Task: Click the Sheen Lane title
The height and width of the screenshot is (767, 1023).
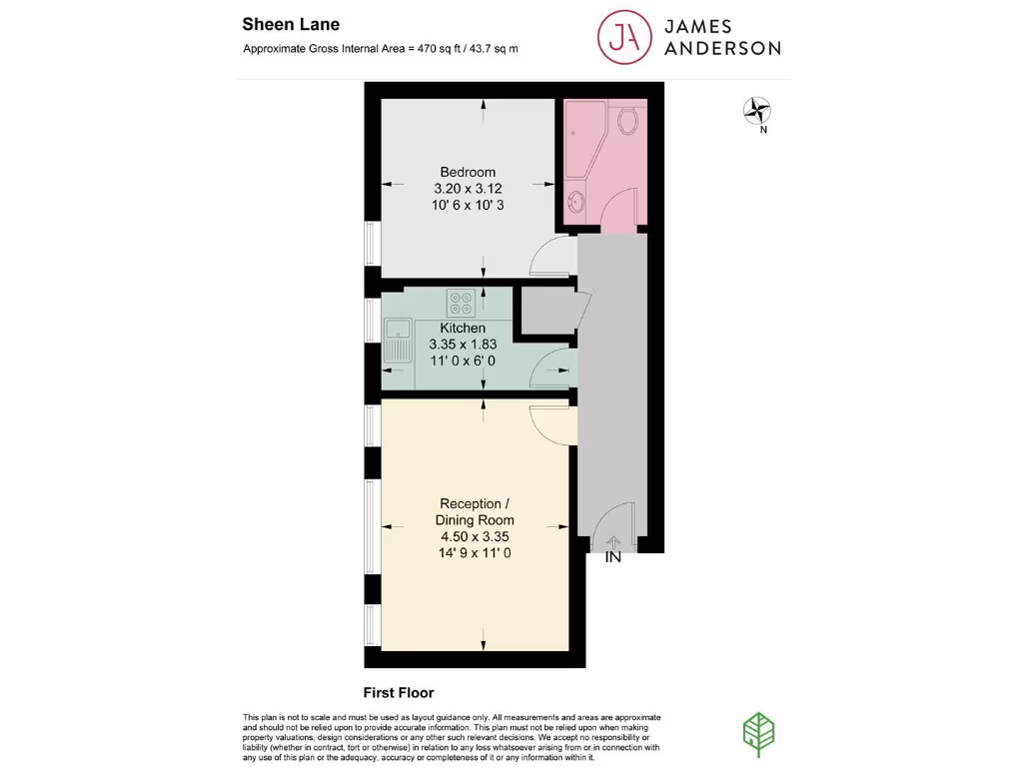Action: tap(291, 25)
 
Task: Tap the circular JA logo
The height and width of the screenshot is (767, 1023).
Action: tap(624, 37)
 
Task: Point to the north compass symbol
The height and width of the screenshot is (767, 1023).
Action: tap(757, 111)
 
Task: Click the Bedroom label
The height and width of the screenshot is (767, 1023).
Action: tap(468, 172)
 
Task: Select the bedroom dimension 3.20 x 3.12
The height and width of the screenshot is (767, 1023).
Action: tap(468, 189)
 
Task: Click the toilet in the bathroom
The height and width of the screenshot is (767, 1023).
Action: tap(627, 120)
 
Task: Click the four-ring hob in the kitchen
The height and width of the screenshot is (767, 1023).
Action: tap(461, 303)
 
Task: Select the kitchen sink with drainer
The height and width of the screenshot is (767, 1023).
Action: tap(398, 340)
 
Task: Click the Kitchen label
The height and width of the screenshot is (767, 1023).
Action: tap(463, 328)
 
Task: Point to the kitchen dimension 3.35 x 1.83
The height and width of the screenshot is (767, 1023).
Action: tap(463, 345)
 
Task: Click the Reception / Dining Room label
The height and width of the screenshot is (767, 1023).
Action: tap(475, 512)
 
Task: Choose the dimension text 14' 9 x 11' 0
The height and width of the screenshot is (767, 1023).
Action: tap(475, 553)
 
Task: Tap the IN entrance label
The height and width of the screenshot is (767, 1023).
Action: tap(613, 557)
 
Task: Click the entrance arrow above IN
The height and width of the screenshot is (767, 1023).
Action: tap(613, 542)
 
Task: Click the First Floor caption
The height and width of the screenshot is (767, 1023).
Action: tap(399, 693)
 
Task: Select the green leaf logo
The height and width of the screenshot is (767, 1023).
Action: tap(759, 734)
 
